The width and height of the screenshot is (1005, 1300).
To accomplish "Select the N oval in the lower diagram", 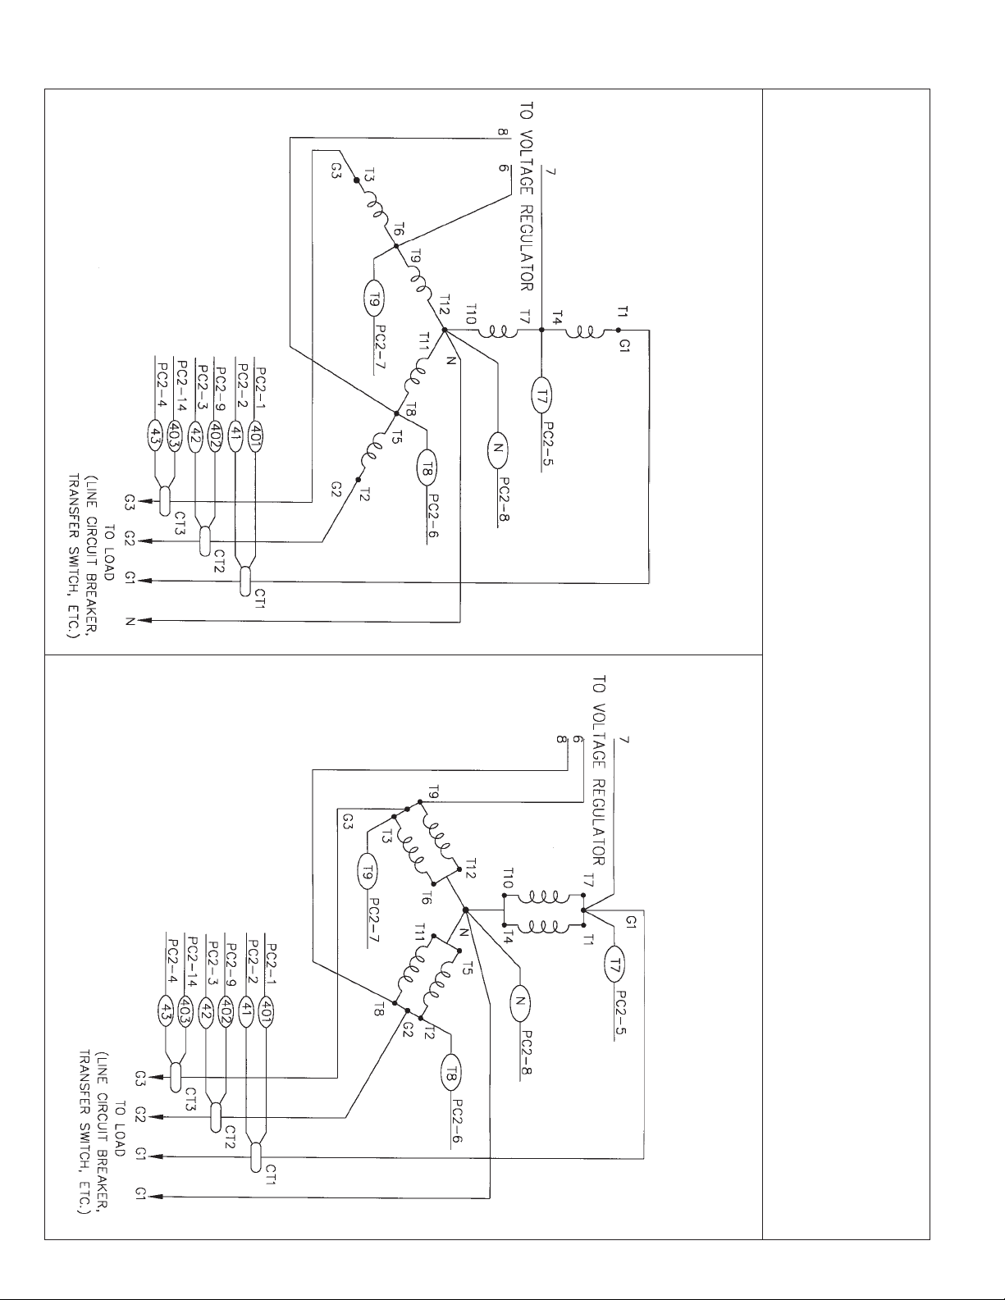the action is click(519, 1003).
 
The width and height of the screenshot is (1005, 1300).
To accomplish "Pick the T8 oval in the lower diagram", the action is click(450, 1073).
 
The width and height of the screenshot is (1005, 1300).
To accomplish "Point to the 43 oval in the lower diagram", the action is click(166, 1008).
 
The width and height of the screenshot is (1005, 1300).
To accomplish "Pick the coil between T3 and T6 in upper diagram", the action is click(374, 202).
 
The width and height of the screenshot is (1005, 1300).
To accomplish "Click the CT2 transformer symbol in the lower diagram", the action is click(216, 1116).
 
